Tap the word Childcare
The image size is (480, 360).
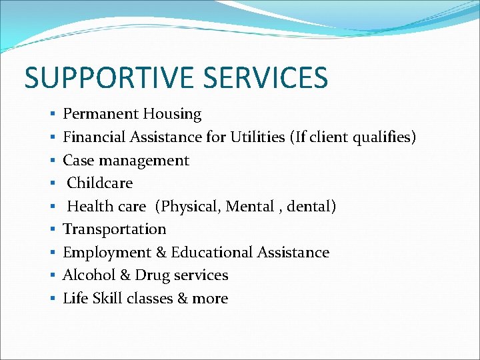pyautogui.click(x=100, y=183)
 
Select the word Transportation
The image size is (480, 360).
pyautogui.click(x=115, y=229)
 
